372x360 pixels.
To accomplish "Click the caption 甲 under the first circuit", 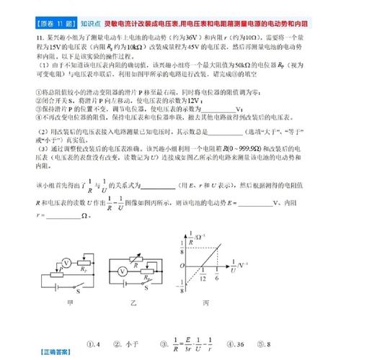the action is pyautogui.click(x=70, y=304).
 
